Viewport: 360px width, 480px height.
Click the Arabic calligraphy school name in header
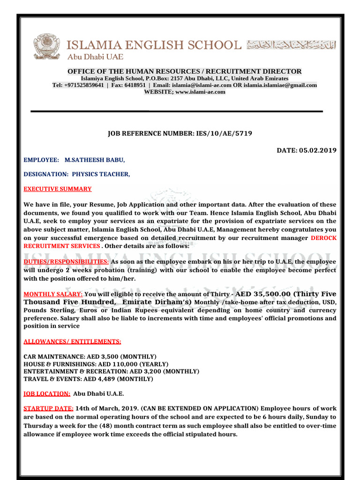[x=291, y=45]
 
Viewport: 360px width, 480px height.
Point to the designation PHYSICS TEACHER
[x=101, y=174]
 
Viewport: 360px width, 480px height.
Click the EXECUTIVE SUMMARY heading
[x=58, y=189]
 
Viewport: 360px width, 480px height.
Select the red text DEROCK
[x=323, y=238]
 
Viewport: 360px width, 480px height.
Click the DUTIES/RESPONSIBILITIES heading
[x=67, y=261]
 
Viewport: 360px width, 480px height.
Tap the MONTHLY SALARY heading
[x=52, y=294]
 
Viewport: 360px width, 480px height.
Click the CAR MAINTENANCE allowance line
[x=90, y=357]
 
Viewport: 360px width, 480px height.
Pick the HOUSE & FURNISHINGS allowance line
[x=96, y=364]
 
